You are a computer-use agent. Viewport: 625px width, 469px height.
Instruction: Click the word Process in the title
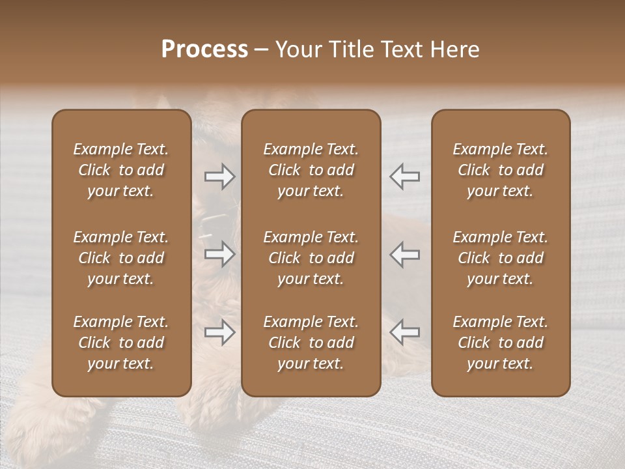[x=204, y=50]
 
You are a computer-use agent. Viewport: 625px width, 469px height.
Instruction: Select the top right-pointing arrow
[x=220, y=177]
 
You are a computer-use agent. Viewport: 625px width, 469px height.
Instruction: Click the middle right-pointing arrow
[x=220, y=254]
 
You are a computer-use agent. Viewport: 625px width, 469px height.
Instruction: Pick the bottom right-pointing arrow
[x=220, y=333]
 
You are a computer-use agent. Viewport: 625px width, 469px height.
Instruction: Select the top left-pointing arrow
[x=404, y=177]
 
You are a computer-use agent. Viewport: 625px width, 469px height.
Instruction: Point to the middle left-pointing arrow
[x=404, y=254]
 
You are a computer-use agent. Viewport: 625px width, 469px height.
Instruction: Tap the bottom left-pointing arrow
[x=404, y=333]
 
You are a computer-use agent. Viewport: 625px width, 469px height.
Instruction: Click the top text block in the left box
[x=121, y=170]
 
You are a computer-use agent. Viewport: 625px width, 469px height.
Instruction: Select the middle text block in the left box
[x=121, y=258]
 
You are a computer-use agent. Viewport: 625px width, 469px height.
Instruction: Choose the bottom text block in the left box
[x=121, y=343]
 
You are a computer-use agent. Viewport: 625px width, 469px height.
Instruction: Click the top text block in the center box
[x=311, y=170]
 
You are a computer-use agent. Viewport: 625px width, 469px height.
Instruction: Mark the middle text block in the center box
[x=311, y=258]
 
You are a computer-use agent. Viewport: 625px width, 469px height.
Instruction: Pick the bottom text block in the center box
[x=311, y=343]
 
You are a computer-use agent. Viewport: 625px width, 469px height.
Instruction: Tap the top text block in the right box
[x=501, y=170]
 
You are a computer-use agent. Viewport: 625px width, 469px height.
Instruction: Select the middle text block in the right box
[x=501, y=258]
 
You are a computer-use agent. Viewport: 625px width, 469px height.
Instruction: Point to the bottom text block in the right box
[x=501, y=343]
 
